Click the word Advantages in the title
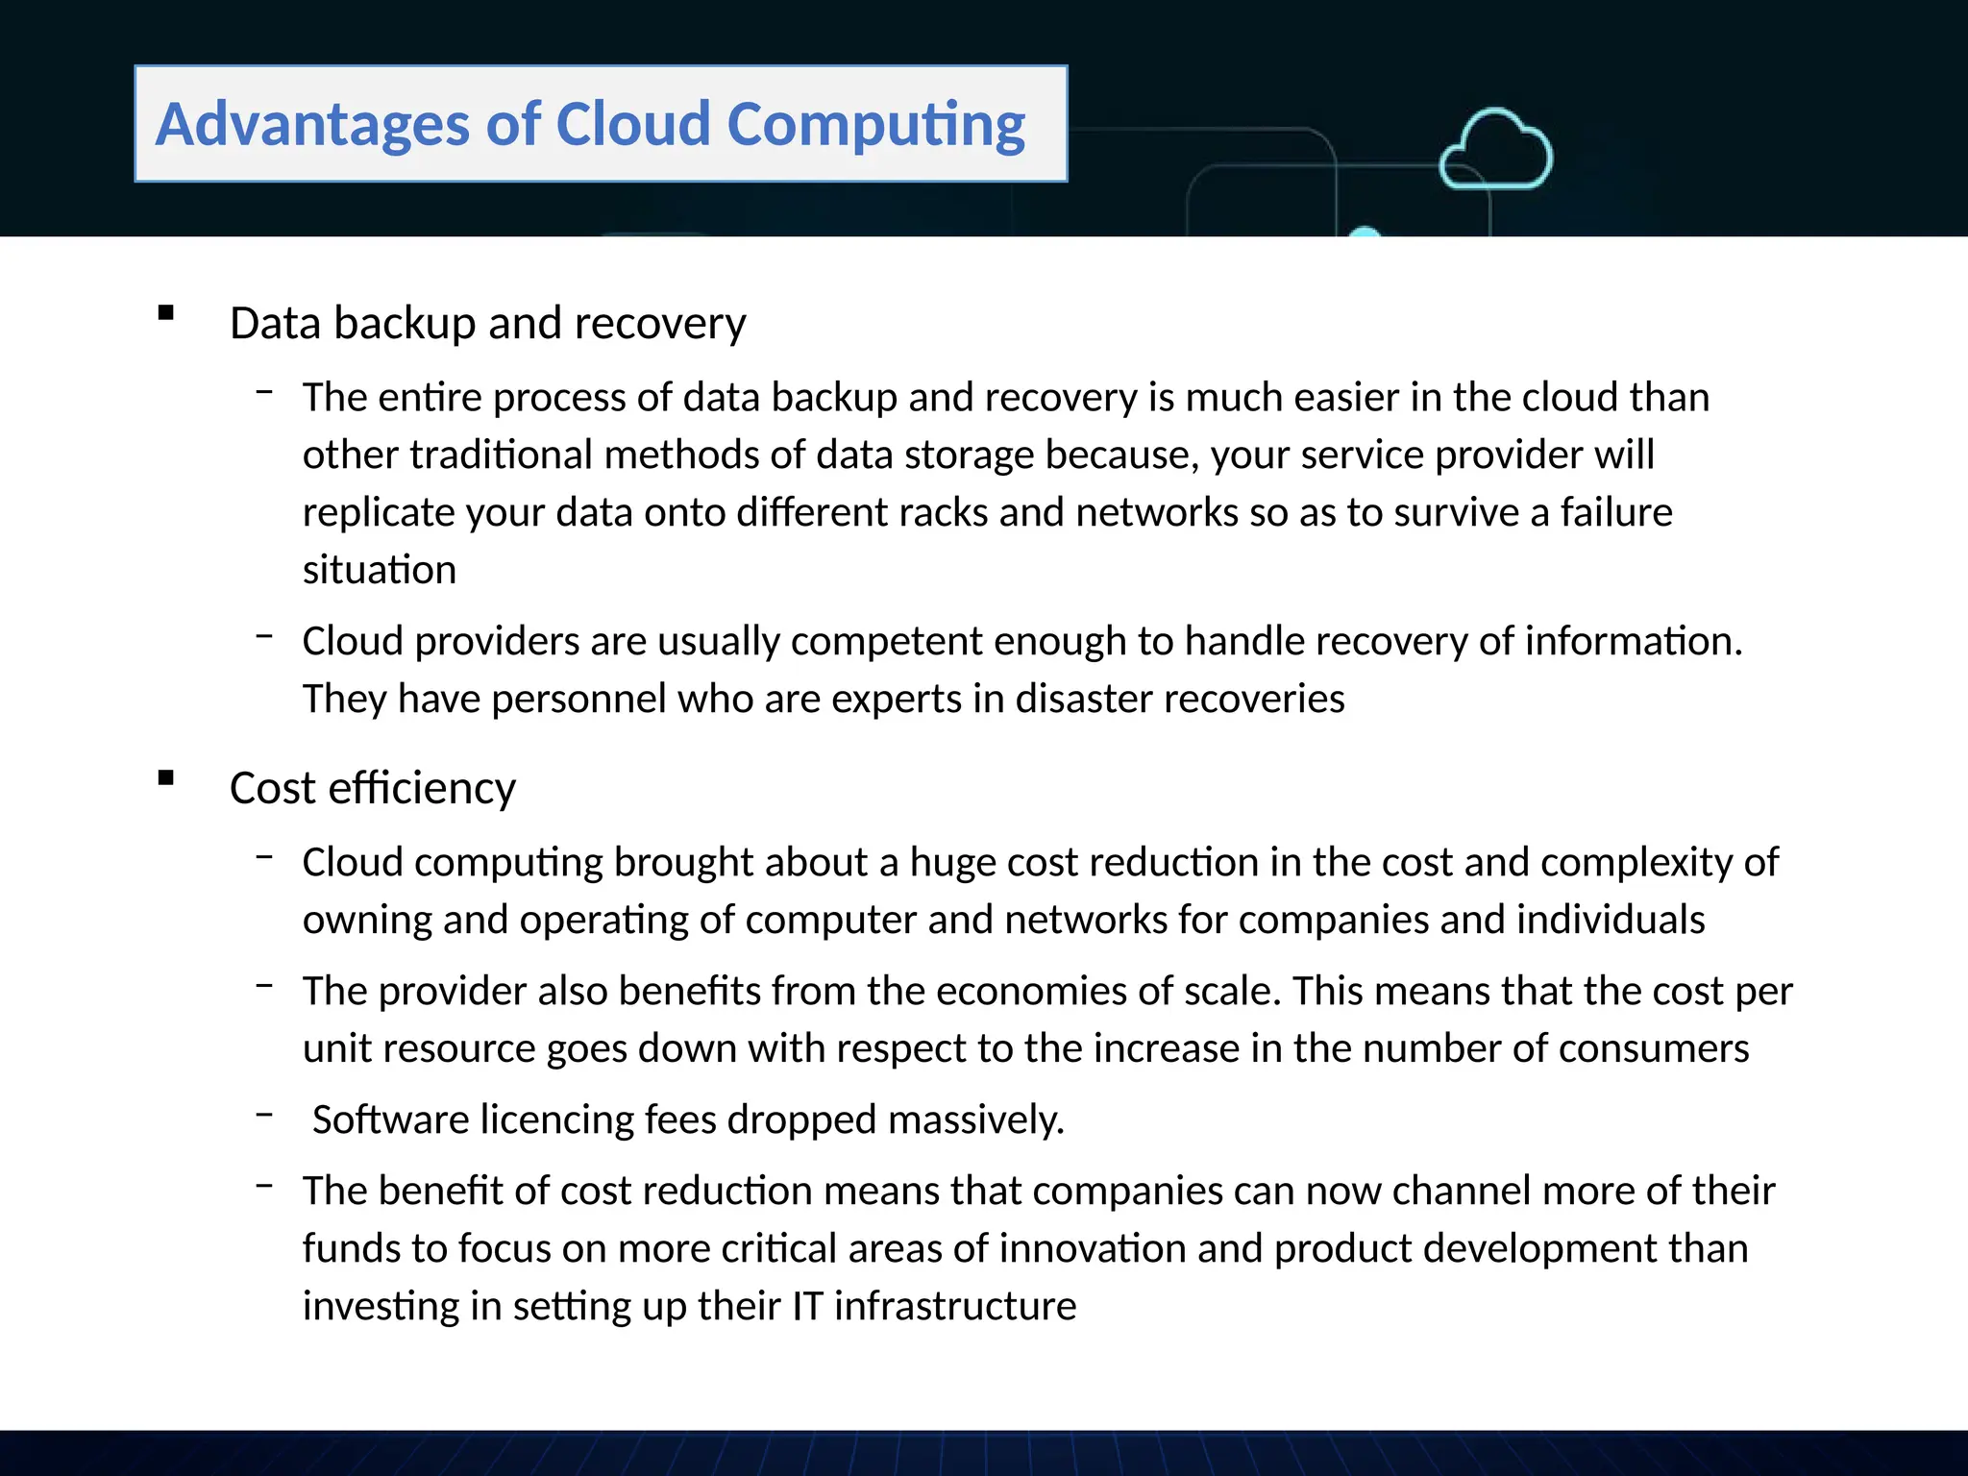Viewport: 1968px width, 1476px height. (x=313, y=124)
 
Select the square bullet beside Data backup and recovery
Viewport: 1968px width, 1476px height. (x=166, y=312)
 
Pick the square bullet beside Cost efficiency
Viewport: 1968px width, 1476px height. (x=166, y=777)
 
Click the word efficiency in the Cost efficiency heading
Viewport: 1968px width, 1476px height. (x=422, y=789)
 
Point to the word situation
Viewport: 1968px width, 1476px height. (x=380, y=570)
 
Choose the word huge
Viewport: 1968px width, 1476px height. (x=952, y=862)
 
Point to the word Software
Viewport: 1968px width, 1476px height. (x=390, y=1119)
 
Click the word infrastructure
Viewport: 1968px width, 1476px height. (x=954, y=1307)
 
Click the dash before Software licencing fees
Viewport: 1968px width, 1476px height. (x=265, y=1115)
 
